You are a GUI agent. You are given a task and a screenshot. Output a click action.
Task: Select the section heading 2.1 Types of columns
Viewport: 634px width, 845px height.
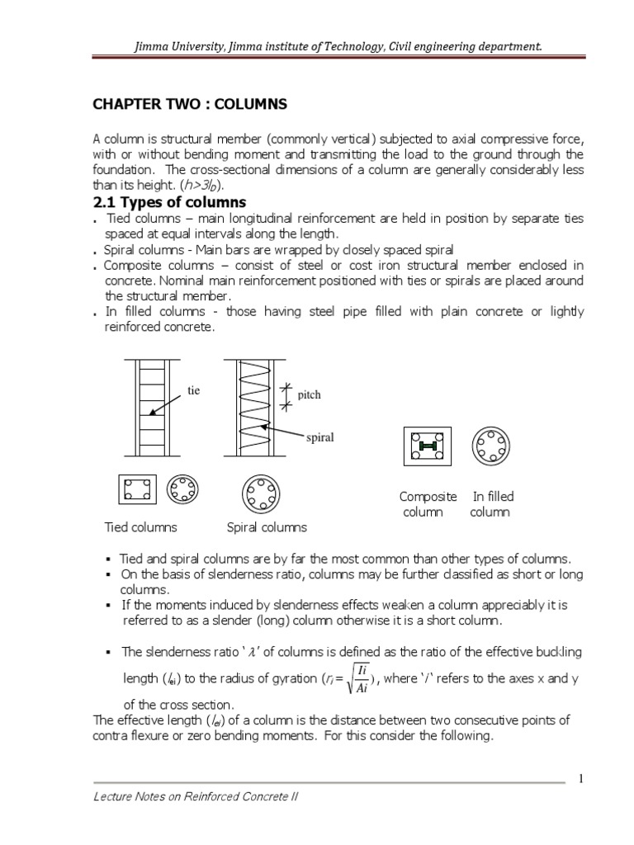coord(170,202)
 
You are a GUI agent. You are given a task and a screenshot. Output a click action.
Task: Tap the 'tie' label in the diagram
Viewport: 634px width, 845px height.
coord(193,390)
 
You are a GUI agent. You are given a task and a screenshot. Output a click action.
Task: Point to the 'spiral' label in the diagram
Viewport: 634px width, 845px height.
coord(319,437)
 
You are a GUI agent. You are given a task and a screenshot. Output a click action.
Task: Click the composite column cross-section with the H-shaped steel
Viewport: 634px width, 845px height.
coord(426,446)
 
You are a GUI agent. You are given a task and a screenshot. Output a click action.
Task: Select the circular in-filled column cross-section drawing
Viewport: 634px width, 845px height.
coord(490,446)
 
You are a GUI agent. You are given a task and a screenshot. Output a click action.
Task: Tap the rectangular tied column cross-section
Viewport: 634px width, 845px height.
coord(135,490)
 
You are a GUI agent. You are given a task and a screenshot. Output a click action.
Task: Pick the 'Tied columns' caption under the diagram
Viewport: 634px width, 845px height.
coord(140,527)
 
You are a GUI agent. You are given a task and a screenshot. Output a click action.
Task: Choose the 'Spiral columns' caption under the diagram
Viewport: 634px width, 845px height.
coord(266,527)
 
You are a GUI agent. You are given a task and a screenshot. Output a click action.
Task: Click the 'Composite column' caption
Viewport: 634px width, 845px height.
coord(428,504)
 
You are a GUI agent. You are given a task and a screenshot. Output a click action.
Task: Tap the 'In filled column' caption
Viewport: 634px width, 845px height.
coord(492,504)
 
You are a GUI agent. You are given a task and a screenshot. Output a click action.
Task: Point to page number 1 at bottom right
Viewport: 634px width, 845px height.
coord(580,780)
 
